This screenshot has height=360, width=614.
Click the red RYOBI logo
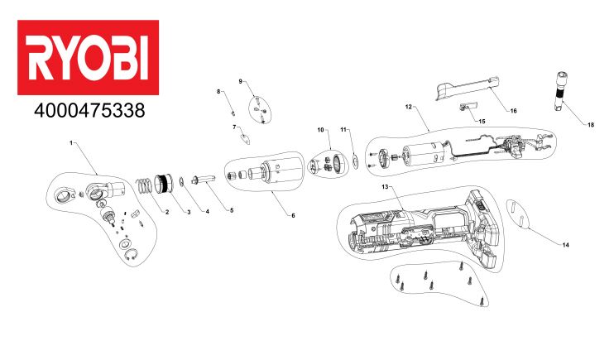pyautogui.click(x=88, y=57)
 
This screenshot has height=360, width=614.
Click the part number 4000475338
pyautogui.click(x=89, y=111)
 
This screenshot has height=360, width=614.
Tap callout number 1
pyautogui.click(x=71, y=143)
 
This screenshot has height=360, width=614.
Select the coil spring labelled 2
pyautogui.click(x=145, y=186)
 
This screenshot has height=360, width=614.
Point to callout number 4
pyautogui.click(x=208, y=212)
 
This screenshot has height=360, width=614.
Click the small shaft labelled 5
pyautogui.click(x=203, y=179)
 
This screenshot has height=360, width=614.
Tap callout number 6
pyautogui.click(x=293, y=215)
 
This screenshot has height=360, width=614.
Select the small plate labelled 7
pyautogui.click(x=246, y=137)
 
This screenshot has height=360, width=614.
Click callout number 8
pyautogui.click(x=219, y=91)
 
